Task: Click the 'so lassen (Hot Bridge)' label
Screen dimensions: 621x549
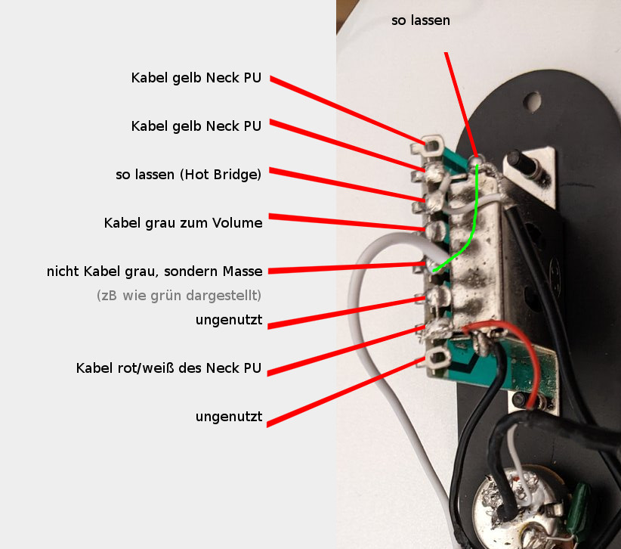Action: coord(189,175)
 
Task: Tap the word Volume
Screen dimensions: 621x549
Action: coord(237,223)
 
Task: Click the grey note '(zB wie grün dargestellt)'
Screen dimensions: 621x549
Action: coord(179,296)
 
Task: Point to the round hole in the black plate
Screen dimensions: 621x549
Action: coord(532,101)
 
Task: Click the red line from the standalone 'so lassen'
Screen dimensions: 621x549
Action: coord(461,104)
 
